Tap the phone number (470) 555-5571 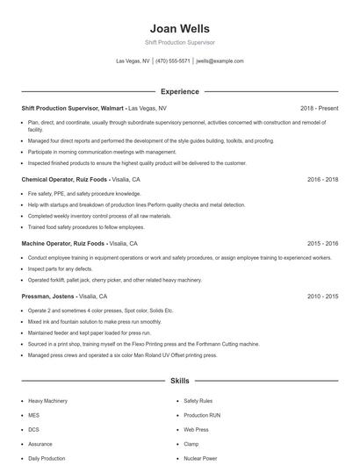pos(173,61)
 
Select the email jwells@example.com pos(220,61)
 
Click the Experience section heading pos(179,91)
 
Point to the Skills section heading pos(179,382)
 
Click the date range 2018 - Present pos(319,108)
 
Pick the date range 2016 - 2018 pos(322,179)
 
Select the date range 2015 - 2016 pos(322,243)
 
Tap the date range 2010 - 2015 pos(322,297)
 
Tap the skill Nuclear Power pos(200,458)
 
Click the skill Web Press pos(196,429)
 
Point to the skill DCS pos(34,429)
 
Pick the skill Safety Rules pos(198,400)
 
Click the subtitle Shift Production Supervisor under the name pos(179,42)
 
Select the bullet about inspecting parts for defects pos(61,268)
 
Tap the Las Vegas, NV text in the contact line pos(133,61)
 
